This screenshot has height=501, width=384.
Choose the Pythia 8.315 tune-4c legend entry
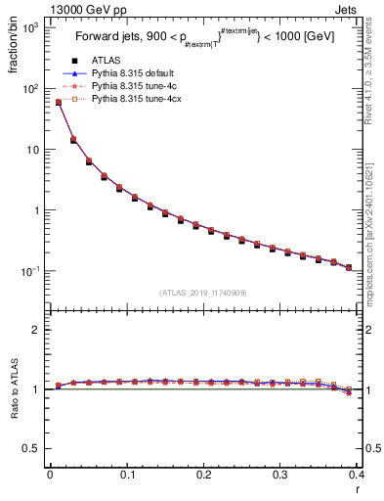pyautogui.click(x=123, y=85)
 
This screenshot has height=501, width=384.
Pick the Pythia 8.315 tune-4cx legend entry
pyautogui.click(x=125, y=99)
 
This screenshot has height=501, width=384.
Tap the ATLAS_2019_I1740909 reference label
pyautogui.click(x=203, y=292)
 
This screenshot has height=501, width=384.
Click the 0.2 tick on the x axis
pyautogui.click(x=203, y=476)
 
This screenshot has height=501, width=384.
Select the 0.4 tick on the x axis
pyautogui.click(x=357, y=476)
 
